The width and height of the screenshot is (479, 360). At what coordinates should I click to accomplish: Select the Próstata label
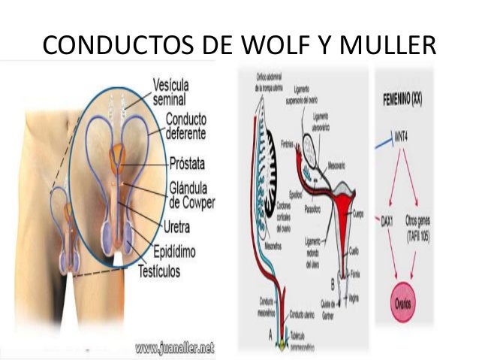[191, 162]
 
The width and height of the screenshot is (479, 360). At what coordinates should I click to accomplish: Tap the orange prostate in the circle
[119, 160]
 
